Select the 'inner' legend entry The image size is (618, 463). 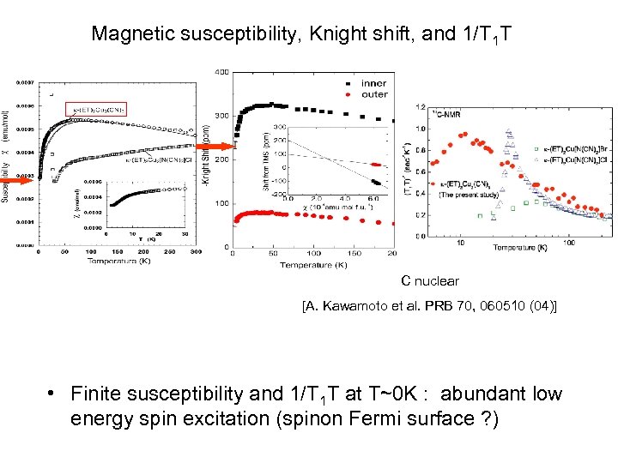tap(373, 83)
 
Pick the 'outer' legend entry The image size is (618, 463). tap(373, 94)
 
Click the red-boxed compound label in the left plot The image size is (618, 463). tap(96, 109)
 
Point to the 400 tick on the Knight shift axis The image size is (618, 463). tap(221, 72)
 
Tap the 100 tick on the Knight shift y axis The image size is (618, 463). tap(221, 203)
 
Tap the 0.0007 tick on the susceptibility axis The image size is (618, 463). tap(23, 82)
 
